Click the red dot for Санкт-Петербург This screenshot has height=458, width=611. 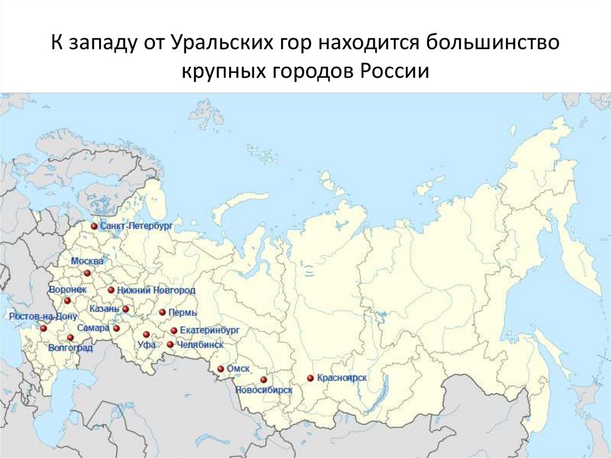click(x=94, y=226)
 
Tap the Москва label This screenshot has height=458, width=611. click(x=87, y=262)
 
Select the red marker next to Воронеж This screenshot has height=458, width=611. click(x=67, y=300)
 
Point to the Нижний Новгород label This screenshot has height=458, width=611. click(x=156, y=290)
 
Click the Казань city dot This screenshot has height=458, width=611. click(x=126, y=309)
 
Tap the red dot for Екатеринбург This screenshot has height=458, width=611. click(x=174, y=330)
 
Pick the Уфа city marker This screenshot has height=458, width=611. click(x=146, y=334)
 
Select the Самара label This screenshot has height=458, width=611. click(x=94, y=328)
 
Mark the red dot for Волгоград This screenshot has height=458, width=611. click(x=70, y=337)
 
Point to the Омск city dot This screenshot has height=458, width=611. click(x=221, y=369)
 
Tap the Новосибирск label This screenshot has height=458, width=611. click(x=264, y=390)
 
